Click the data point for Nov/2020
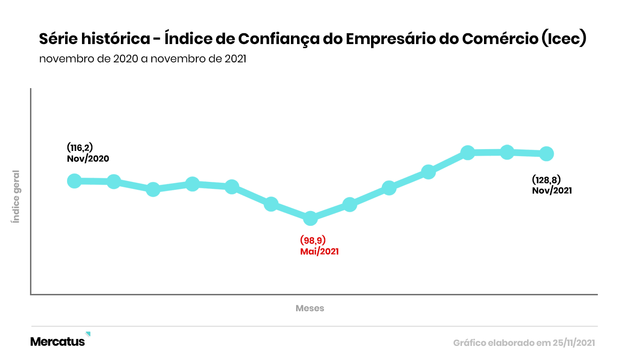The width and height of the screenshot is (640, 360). pyautogui.click(x=74, y=181)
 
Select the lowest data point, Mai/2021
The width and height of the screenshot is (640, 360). pyautogui.click(x=310, y=218)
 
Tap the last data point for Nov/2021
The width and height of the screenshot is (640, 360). pyautogui.click(x=546, y=153)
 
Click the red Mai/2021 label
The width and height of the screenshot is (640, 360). pyautogui.click(x=319, y=251)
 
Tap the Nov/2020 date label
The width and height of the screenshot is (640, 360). pyautogui.click(x=88, y=158)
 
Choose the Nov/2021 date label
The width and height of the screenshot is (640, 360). pyautogui.click(x=552, y=190)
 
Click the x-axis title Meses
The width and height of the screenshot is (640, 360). pyautogui.click(x=310, y=308)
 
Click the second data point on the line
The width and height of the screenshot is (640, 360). pyautogui.click(x=114, y=181)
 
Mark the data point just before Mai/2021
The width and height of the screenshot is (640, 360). pyautogui.click(x=271, y=204)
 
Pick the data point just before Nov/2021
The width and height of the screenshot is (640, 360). pyautogui.click(x=507, y=152)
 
